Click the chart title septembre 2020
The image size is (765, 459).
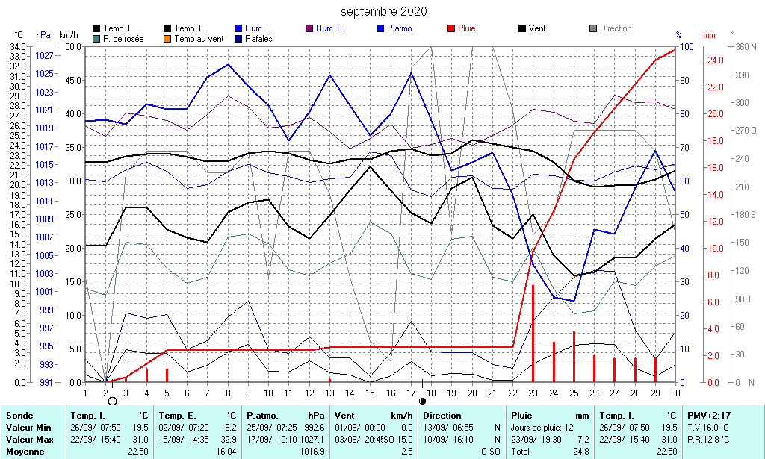384,11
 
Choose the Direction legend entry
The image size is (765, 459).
615,28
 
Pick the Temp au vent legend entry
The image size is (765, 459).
199,39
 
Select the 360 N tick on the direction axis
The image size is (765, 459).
746,46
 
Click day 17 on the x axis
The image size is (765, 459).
411,393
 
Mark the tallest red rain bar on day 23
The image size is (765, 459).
533,332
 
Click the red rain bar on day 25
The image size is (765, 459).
574,356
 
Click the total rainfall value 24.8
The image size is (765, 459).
580,452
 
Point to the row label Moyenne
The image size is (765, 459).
24,452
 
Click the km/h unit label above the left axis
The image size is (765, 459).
68,35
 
